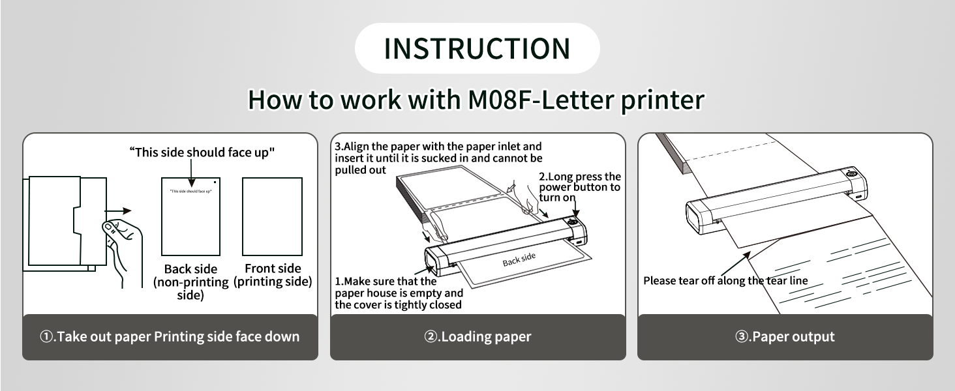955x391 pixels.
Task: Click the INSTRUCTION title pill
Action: (477, 48)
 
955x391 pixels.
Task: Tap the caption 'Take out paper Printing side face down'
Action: (170, 337)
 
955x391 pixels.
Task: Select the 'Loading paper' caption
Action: (477, 337)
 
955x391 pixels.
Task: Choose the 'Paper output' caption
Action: (785, 337)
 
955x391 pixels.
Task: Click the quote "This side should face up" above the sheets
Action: (202, 152)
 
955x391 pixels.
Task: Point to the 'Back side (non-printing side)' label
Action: (190, 282)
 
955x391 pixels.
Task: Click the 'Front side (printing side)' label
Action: (273, 275)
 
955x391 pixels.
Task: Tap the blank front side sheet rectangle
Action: (272, 216)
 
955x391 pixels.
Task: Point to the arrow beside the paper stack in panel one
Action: (121, 210)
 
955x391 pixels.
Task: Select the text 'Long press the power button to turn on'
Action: (579, 187)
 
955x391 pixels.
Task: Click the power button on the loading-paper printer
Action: (575, 223)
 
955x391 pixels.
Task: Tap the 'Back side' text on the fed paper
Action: (519, 259)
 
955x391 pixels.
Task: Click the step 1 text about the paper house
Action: (399, 293)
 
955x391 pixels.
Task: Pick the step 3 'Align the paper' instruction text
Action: (438, 158)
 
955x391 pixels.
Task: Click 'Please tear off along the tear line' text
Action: (725, 281)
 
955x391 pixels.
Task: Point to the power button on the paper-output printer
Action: (852, 174)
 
